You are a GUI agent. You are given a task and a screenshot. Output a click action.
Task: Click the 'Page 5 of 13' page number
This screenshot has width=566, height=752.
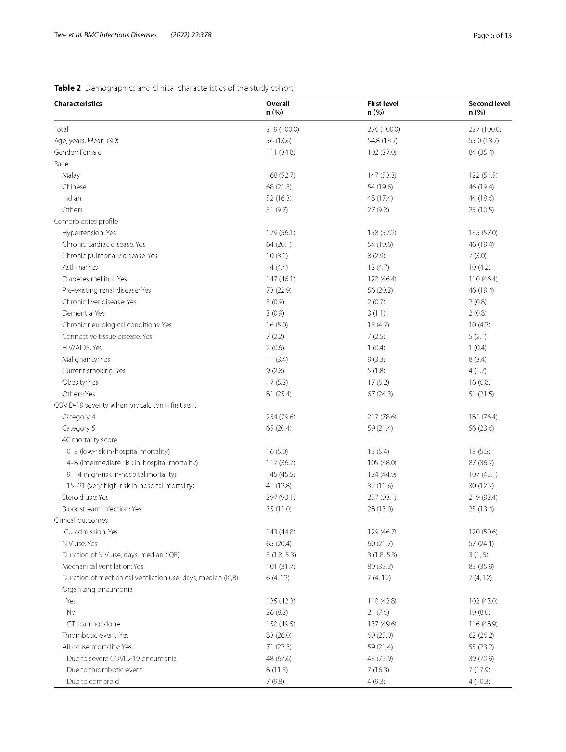(492, 36)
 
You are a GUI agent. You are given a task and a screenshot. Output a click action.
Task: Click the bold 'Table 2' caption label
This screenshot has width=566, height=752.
(67, 88)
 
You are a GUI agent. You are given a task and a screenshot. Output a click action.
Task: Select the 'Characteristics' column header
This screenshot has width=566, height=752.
(78, 104)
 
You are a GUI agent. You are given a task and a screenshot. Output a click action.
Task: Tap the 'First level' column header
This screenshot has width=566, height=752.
(383, 104)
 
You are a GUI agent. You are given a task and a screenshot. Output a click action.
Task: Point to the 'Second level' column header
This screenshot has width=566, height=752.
(489, 104)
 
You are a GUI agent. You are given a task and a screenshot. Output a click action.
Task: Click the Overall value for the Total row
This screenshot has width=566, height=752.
(282, 129)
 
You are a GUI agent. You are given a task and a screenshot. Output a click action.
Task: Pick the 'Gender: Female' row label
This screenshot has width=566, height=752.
(78, 152)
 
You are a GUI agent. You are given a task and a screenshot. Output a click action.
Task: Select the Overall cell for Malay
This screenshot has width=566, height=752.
(281, 175)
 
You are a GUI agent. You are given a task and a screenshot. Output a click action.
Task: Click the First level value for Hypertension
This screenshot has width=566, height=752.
(382, 233)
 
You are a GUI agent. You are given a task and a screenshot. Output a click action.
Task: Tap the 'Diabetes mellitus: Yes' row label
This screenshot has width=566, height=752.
(94, 279)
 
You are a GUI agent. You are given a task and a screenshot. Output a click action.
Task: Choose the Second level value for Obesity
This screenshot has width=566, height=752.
(481, 382)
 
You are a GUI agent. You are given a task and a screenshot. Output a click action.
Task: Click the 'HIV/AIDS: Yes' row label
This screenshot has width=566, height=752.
(82, 348)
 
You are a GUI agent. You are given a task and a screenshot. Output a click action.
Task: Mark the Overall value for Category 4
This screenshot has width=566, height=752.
(281, 417)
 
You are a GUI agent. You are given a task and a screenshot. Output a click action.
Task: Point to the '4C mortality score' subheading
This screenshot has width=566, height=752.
(90, 440)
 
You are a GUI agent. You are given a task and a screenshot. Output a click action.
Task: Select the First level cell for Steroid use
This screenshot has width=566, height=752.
(382, 497)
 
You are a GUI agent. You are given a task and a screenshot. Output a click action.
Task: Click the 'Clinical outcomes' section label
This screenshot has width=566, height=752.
(81, 520)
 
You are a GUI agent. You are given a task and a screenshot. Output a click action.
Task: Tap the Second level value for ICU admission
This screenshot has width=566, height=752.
(483, 532)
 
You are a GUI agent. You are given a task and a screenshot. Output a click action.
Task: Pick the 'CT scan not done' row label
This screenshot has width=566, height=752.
(93, 624)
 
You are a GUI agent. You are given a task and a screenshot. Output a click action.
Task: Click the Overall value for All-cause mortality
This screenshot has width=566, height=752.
(279, 647)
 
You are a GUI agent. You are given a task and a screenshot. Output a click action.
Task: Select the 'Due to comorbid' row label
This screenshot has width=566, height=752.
(93, 681)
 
